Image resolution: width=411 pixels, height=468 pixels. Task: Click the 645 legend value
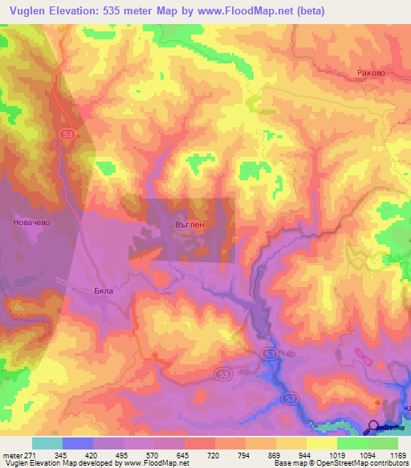pyautogui.click(x=185, y=453)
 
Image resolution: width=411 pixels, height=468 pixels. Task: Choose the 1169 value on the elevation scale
pyautogui.click(x=397, y=453)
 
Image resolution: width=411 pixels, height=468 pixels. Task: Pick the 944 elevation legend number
pyautogui.click(x=306, y=453)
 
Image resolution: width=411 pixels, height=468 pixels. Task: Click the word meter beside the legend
pyautogui.click(x=11, y=453)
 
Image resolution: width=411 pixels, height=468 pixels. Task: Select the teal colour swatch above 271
pyautogui.click(x=47, y=442)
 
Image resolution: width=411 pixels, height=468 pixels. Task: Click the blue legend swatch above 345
pyautogui.click(x=77, y=442)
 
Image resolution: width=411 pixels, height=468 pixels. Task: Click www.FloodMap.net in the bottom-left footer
pyautogui.click(x=155, y=462)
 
